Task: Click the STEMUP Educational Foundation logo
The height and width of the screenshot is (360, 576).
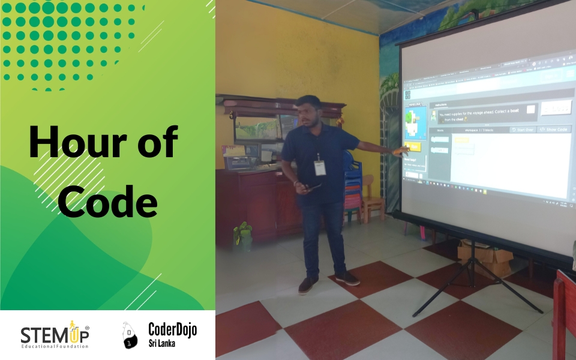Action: pyautogui.click(x=55, y=334)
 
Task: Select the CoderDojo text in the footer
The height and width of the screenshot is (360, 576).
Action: pyautogui.click(x=172, y=329)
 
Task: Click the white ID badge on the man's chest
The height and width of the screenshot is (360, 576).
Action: pyautogui.click(x=320, y=167)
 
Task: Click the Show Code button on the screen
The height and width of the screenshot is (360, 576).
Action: pyautogui.click(x=554, y=129)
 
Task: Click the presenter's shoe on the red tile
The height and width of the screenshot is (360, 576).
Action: pyautogui.click(x=347, y=278)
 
